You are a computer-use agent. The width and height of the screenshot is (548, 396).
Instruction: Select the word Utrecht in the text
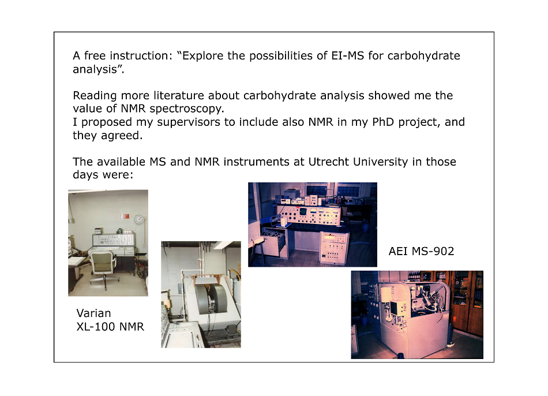click(x=329, y=162)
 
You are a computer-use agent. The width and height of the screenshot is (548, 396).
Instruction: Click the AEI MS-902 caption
click(x=421, y=251)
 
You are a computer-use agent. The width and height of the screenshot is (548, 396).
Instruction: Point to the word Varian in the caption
click(x=93, y=313)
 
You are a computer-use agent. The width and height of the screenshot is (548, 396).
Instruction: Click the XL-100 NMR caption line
click(x=110, y=327)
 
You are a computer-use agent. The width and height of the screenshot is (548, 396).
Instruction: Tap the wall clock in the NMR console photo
click(x=139, y=219)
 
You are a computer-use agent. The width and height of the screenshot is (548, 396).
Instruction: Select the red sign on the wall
click(x=125, y=216)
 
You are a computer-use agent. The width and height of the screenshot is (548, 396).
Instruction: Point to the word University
click(x=380, y=162)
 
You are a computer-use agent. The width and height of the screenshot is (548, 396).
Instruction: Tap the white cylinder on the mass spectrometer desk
click(x=283, y=221)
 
